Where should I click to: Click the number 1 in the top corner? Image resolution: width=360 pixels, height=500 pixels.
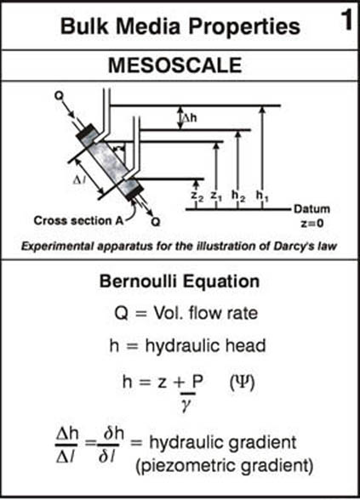tap(346, 20)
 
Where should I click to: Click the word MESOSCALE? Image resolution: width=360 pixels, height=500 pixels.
tap(175, 65)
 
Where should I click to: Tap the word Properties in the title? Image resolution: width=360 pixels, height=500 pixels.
tap(245, 26)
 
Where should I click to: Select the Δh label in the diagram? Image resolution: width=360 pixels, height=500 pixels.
tap(189, 118)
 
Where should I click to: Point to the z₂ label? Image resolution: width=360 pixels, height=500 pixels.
tap(197, 196)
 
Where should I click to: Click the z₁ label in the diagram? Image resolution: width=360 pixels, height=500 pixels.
tap(216, 196)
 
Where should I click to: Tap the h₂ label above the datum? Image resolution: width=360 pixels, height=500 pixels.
tap(238, 196)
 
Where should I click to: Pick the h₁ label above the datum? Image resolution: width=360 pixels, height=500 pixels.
tap(262, 196)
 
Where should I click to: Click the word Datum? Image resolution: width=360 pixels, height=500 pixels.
tap(311, 209)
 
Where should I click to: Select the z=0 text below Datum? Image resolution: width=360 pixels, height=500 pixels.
tap(312, 223)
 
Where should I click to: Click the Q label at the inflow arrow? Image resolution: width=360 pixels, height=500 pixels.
tap(59, 95)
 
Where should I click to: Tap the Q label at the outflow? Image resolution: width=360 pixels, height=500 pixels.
tap(156, 221)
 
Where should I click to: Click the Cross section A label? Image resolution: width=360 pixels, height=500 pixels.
tap(78, 221)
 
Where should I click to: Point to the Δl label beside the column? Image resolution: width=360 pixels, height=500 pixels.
tap(79, 181)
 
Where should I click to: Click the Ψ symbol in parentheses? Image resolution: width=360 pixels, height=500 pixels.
tap(243, 382)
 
